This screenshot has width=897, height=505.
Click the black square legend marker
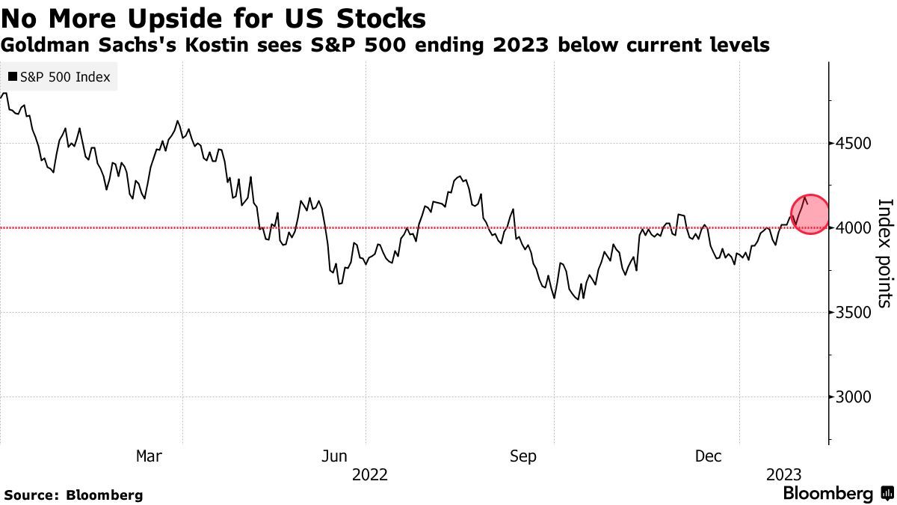(13, 77)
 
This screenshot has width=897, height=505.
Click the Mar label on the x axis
(149, 456)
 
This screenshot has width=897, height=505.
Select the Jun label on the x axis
(333, 456)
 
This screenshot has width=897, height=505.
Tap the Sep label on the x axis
(523, 456)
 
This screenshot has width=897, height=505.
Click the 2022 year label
(369, 475)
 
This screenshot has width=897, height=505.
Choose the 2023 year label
(783, 475)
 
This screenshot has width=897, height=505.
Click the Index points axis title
(884, 253)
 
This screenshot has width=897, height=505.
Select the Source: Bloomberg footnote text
(73, 495)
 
